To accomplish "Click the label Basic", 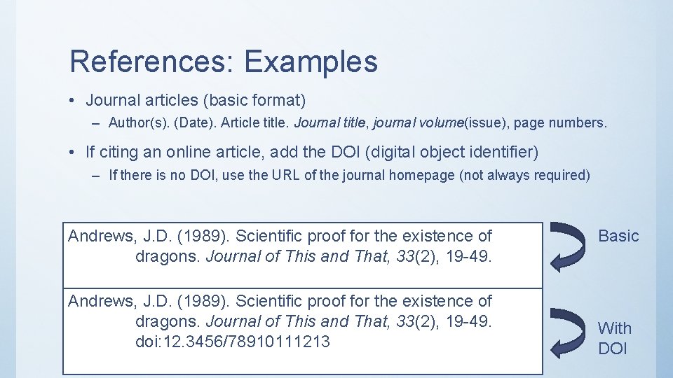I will coord(618,236).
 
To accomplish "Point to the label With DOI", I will coord(614,338).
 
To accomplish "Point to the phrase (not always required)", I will coord(524,175).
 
